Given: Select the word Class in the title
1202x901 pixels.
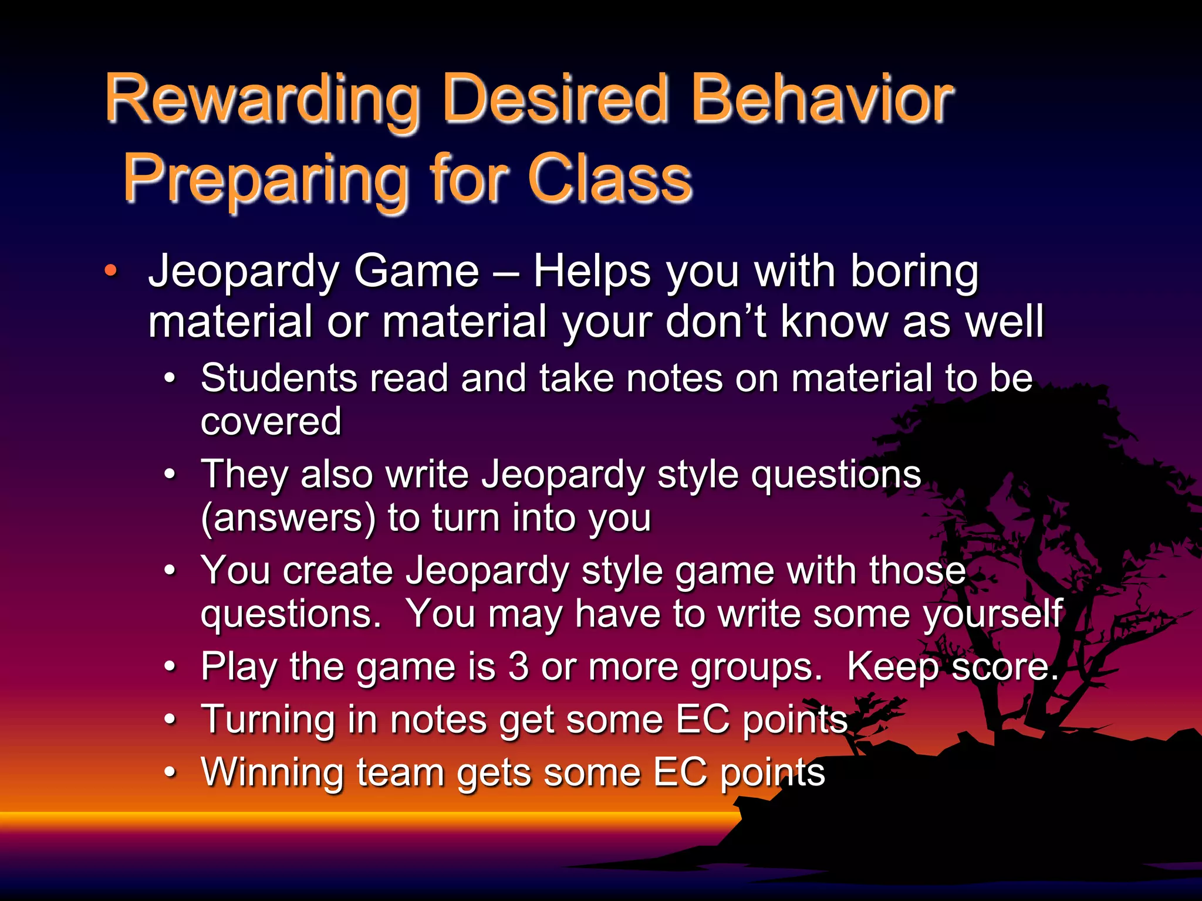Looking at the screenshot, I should coord(610,178).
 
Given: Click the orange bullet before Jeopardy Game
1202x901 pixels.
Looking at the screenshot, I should coord(110,271).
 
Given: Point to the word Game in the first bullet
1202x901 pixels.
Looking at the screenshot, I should coord(416,271).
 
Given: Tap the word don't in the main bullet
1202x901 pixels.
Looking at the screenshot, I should coord(716,321).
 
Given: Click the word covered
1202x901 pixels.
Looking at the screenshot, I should coord(271,421).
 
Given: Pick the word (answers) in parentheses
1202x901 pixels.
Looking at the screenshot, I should coord(288,519).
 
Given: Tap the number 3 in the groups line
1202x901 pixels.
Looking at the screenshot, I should coord(518,667).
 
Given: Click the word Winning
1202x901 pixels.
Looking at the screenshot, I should coord(272,772).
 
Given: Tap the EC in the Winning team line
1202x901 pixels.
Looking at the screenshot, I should coord(680,772).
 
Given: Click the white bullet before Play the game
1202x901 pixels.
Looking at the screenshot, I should coord(170,667).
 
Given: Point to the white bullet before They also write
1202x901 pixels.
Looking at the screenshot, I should coord(170,474).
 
